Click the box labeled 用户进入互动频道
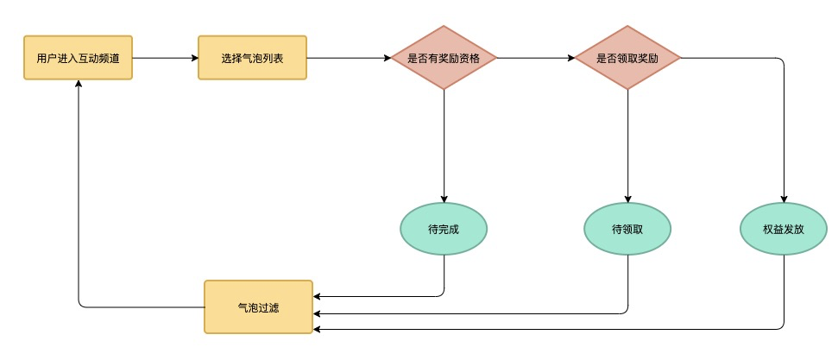coord(78,58)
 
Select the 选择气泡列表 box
coord(252,58)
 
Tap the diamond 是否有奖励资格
coord(444,58)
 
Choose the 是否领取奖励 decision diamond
coord(627,58)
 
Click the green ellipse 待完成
coord(444,229)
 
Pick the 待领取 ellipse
coord(627,229)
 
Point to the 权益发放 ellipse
coord(784,229)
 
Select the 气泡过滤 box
coord(259,307)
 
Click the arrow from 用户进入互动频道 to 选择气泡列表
coord(165,58)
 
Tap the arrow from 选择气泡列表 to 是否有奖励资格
coord(349,58)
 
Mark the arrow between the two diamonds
coord(536,58)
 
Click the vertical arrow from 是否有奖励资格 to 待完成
coord(444,146)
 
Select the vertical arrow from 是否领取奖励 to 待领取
coord(627,146)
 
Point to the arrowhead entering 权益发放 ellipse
coord(784,199)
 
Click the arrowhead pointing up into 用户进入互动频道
coord(79,84)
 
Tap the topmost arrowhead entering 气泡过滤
coord(317,296)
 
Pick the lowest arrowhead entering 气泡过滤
coord(317,329)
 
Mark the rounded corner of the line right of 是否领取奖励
coord(781,60)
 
